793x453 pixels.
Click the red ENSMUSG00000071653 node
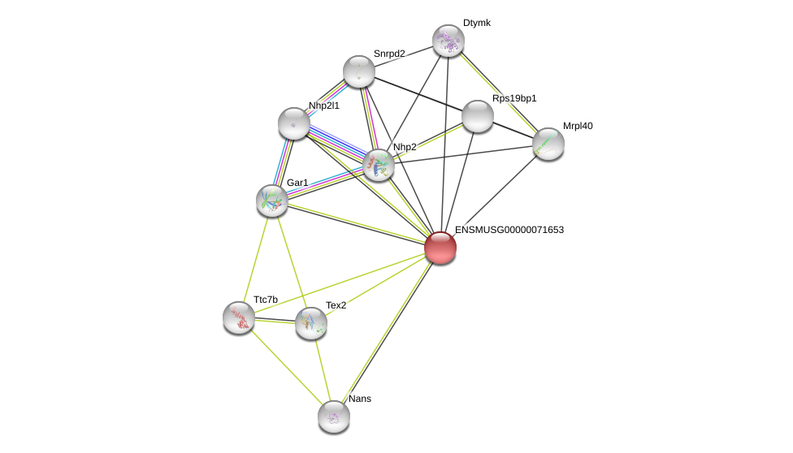440,248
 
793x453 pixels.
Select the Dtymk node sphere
448,41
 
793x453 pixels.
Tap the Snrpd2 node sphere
359,71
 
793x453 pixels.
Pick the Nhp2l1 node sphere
294,123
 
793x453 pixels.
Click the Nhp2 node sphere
379,165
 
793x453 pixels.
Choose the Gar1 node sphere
272,201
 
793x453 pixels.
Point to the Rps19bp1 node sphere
478,116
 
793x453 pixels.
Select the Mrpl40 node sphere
548,144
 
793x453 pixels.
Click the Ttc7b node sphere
239,317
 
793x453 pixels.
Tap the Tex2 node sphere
311,323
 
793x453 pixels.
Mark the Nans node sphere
334,416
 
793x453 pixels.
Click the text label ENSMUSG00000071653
509,230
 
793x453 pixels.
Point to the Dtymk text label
477,23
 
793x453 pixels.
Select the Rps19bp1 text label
514,98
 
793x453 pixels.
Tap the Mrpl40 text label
578,126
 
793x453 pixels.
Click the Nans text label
360,399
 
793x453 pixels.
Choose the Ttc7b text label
266,300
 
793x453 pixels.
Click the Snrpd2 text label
389,54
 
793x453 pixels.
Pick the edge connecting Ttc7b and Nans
286,367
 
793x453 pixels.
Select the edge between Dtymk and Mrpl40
498,92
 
